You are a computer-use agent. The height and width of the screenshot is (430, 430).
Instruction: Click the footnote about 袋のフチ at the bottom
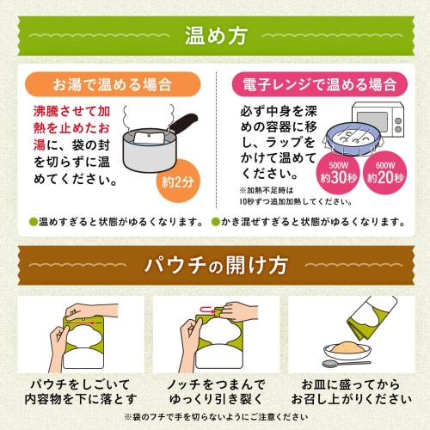point(215,416)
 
